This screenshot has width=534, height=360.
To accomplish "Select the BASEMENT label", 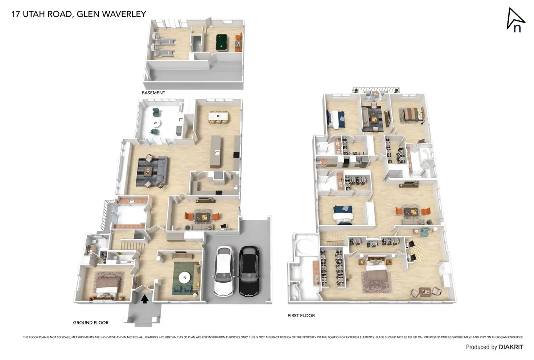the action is pos(153,93).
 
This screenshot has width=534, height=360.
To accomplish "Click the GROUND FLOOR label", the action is pos(91,323).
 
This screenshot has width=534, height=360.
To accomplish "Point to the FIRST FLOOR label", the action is pos(301,316).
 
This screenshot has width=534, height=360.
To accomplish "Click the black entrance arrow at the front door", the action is pos(145,299).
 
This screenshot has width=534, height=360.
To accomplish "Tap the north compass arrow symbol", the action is pos(515,20).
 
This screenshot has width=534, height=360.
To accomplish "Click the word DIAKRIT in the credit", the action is pos(511,347).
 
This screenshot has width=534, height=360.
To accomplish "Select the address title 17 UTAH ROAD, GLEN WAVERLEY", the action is pos(79,14).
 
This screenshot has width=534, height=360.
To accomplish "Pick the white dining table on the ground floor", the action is pos(218,116).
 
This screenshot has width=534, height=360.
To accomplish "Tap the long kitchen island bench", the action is pos(215,151).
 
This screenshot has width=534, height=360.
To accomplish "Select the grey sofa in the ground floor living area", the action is pos(163,170).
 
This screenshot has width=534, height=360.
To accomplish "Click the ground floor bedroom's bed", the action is pos(108,285).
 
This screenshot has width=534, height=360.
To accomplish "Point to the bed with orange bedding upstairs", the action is pos(411,114).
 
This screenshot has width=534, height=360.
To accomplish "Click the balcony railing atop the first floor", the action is pos(376,90).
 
